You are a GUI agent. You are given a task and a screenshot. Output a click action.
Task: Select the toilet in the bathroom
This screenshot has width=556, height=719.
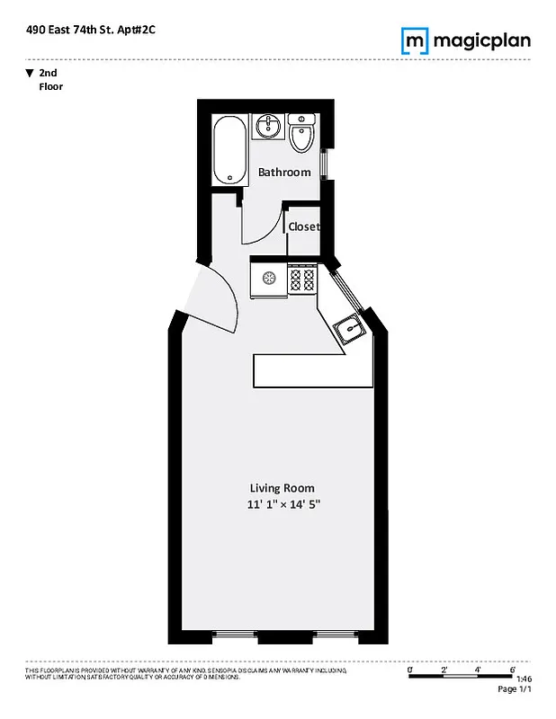pyautogui.click(x=301, y=135)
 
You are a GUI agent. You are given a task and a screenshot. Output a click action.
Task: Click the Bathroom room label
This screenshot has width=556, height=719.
pyautogui.click(x=284, y=172)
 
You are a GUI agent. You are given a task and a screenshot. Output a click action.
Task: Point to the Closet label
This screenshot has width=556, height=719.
pyautogui.click(x=303, y=226)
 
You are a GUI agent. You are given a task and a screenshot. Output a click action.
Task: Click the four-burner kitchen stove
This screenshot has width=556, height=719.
pyautogui.click(x=301, y=279)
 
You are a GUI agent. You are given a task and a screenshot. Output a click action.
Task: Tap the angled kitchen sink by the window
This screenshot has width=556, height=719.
pyautogui.click(x=348, y=331)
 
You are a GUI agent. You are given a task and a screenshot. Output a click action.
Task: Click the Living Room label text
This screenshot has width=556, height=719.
pyautogui.click(x=282, y=488)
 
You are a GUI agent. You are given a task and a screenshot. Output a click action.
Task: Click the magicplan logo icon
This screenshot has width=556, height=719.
pyautogui.click(x=414, y=40)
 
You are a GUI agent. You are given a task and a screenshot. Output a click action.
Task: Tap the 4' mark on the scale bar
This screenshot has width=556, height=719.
pyautogui.click(x=478, y=670)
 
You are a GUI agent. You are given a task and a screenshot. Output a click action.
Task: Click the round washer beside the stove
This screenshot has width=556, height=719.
pyautogui.click(x=268, y=278)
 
